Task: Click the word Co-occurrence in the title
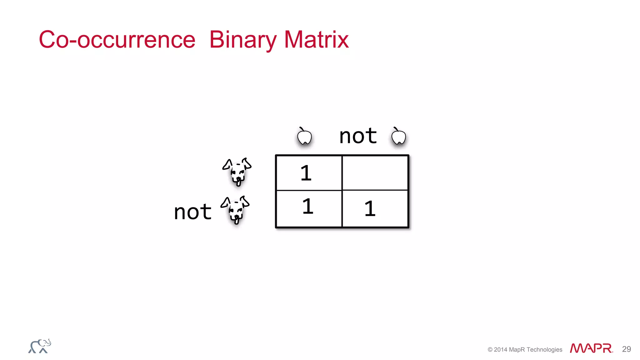point(117,40)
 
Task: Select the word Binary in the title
point(243,40)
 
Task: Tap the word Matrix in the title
point(316,40)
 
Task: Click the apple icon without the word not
point(304,137)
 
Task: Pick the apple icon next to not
point(398,137)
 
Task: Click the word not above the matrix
point(358,136)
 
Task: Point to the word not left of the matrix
point(193,212)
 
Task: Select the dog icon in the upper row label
point(237,171)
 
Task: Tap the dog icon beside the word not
point(235,209)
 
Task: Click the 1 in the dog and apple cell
point(306,173)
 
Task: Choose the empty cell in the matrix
point(375,173)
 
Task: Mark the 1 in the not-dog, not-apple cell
point(370,209)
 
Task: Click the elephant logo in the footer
point(40,346)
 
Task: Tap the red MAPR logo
point(591,348)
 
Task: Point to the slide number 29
point(626,349)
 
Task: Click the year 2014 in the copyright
point(501,350)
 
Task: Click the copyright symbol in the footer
point(490,350)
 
